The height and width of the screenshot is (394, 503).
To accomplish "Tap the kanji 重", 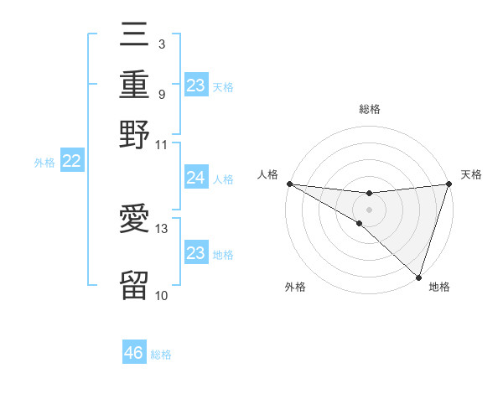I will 134,86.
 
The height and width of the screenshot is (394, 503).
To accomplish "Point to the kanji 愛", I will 134,220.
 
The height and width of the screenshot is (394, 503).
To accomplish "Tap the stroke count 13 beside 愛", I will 162,228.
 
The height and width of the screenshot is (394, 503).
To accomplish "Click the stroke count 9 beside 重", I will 161,93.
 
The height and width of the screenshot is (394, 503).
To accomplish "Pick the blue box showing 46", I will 133,353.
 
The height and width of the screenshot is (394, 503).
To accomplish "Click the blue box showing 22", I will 71,162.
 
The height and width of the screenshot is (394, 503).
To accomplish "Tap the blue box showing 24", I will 195,178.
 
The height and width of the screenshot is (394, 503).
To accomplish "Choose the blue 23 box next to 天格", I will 195,86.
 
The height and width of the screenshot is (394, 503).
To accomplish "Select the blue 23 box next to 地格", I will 195,253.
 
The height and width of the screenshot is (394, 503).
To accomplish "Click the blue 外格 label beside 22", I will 44,163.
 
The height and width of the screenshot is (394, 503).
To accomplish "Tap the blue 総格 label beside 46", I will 161,354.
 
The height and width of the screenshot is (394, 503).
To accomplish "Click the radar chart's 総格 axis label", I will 369,109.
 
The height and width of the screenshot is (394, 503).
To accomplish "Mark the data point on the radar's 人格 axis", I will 289,184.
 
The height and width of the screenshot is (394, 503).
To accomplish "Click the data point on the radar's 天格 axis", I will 449,184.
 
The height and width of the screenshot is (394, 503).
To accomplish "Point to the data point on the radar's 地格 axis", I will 418,277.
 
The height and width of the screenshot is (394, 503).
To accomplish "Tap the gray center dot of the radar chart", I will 369,210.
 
